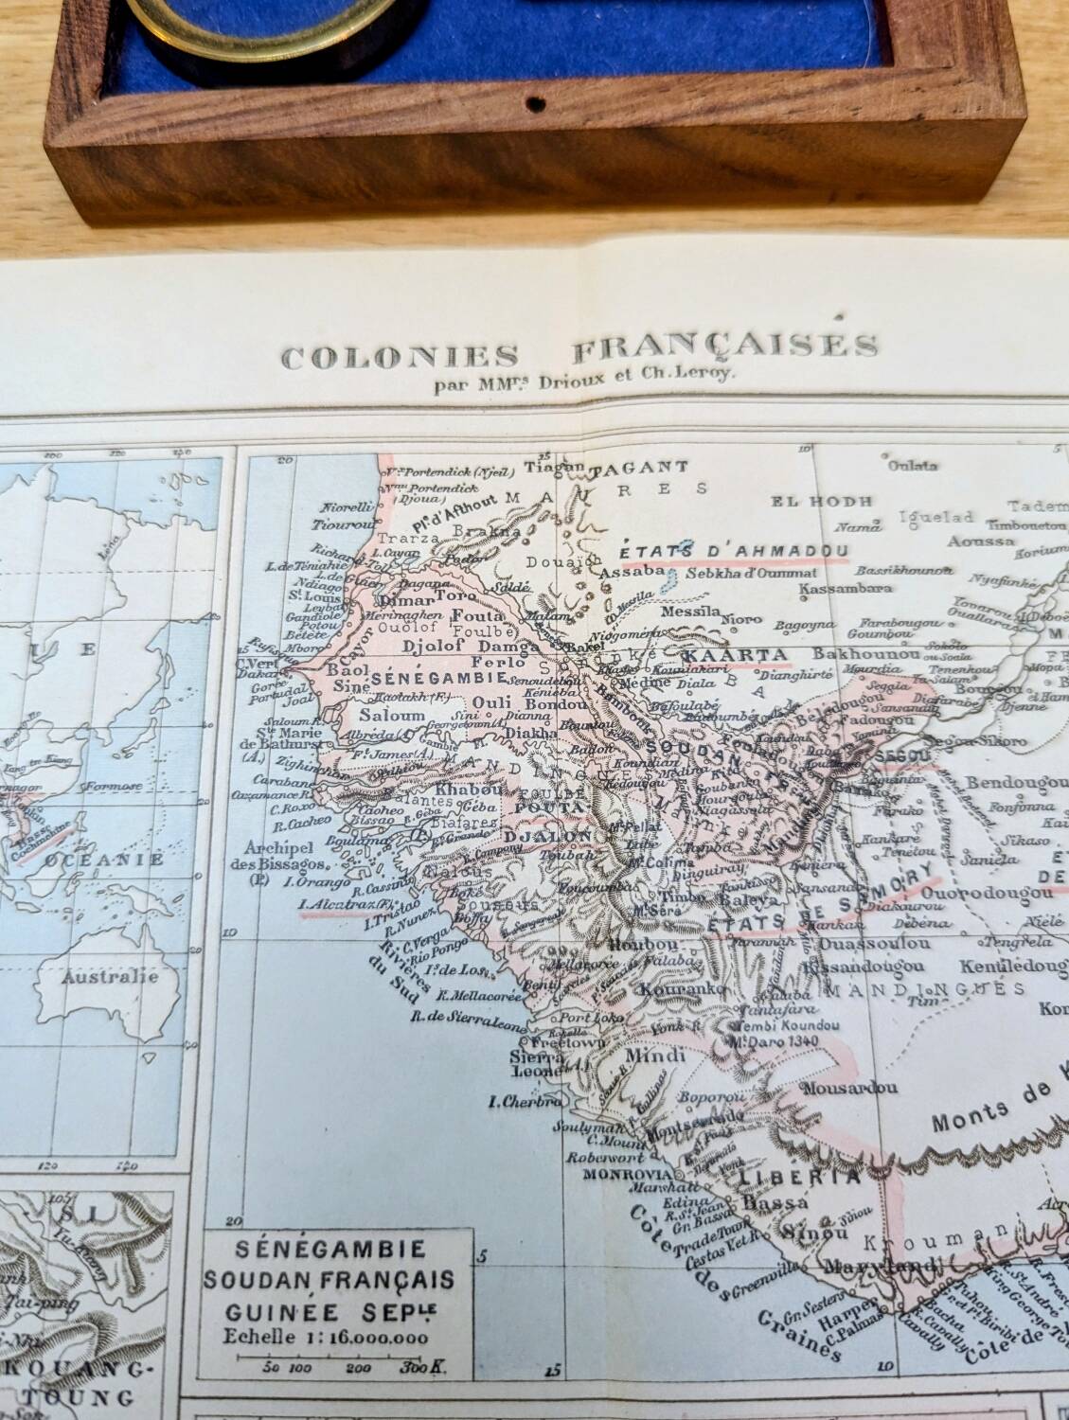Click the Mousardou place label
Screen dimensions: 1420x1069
(848, 1088)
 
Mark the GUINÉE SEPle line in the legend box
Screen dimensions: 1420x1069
(329, 1312)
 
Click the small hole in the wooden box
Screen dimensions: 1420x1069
(536, 100)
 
